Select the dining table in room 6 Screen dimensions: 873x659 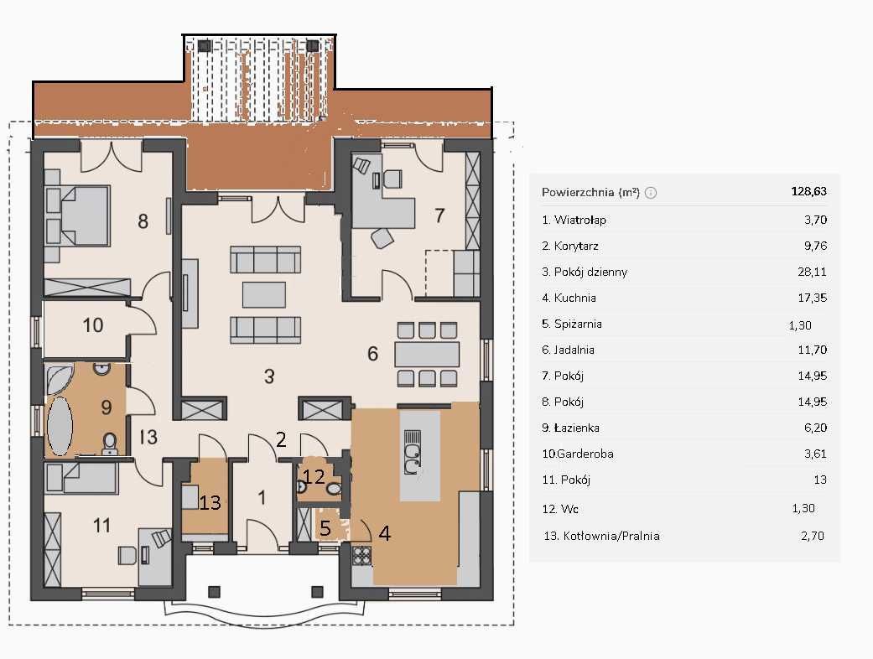(427, 354)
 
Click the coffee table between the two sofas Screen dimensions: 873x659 (264, 294)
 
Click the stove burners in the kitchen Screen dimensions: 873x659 (362, 556)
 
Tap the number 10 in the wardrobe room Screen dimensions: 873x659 (93, 325)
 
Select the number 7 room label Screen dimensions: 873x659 (439, 215)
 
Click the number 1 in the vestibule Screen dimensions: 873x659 (262, 497)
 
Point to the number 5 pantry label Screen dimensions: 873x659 (325, 528)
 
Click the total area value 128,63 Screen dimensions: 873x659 (809, 191)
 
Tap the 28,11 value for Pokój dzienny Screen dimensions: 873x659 (813, 272)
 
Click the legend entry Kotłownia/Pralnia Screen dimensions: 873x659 (611, 536)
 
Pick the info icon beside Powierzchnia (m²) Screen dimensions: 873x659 (650, 193)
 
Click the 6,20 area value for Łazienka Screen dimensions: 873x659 (816, 428)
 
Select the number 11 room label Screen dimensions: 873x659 (101, 525)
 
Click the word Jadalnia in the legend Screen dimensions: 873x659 (574, 350)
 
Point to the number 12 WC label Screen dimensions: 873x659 (314, 476)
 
